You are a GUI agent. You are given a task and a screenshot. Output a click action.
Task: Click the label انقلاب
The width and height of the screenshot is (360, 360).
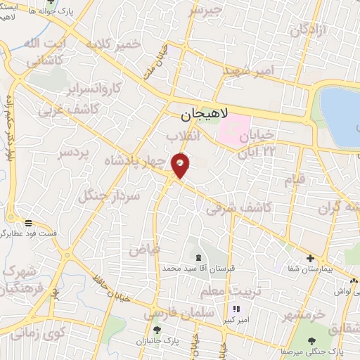click(184, 136)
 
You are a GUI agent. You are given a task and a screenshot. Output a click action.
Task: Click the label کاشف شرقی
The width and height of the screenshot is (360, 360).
click(233, 205)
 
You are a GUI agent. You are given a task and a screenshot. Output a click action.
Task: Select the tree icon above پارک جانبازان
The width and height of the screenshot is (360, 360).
click(157, 329)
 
